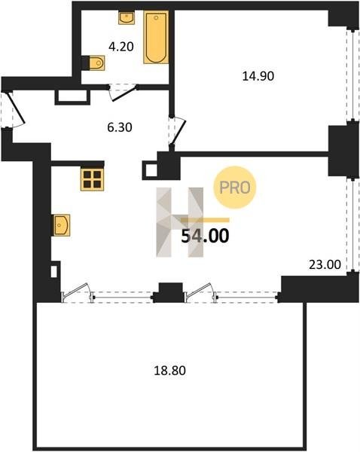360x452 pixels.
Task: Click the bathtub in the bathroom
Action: click(156, 37)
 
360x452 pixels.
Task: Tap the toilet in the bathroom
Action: click(93, 63)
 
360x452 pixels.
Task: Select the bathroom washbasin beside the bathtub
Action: click(127, 17)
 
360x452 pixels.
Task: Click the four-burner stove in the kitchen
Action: click(92, 179)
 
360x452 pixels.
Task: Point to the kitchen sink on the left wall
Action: click(61, 225)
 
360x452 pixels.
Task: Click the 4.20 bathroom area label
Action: click(121, 47)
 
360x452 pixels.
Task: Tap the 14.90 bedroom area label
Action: click(258, 76)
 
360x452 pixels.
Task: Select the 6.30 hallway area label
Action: click(120, 127)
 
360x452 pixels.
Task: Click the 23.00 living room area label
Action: click(325, 264)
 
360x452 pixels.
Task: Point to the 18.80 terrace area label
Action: click(169, 371)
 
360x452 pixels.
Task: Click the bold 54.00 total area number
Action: click(205, 236)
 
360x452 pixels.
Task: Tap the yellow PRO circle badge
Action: click(235, 188)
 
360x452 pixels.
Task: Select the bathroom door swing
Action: click(123, 92)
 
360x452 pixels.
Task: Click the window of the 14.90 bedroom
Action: click(351, 75)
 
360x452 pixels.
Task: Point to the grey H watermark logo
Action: click(179, 222)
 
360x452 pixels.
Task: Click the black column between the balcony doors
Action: click(170, 292)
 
